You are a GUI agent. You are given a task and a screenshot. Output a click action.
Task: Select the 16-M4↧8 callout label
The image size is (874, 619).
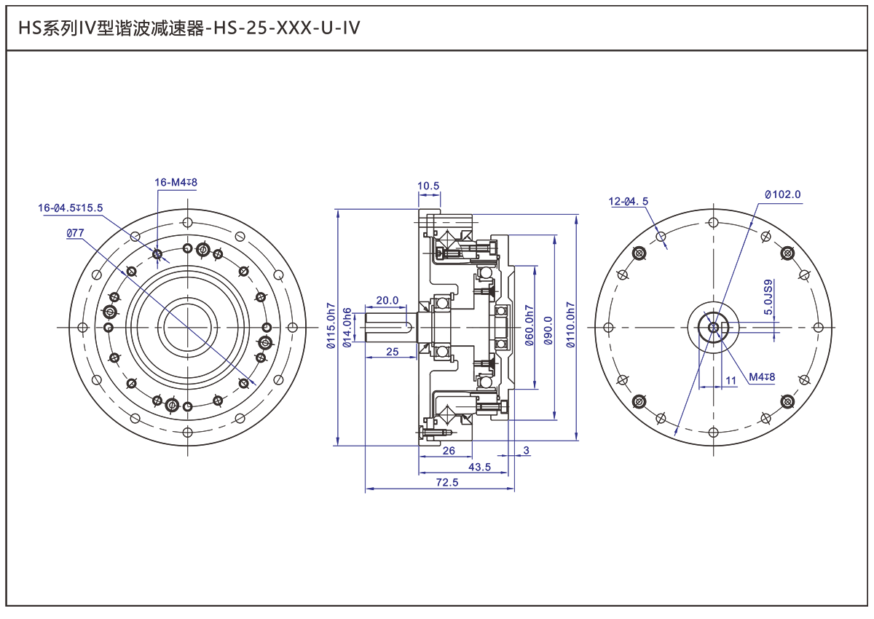click(176, 182)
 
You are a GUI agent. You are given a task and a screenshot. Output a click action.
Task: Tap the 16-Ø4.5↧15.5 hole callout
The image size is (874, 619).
click(70, 208)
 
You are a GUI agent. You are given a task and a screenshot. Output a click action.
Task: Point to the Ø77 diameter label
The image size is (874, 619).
click(75, 233)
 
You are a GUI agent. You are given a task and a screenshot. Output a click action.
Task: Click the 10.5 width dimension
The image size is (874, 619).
click(428, 186)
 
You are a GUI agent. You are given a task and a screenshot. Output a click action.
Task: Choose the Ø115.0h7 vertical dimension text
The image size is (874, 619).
click(331, 326)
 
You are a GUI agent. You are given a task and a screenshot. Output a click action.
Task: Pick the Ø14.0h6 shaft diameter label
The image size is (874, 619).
click(347, 328)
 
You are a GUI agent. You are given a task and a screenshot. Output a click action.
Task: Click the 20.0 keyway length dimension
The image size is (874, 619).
click(387, 300)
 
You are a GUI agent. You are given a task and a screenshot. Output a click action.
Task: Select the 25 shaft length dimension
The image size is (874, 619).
click(392, 352)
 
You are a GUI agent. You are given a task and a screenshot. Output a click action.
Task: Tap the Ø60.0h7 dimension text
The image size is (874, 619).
click(529, 326)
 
